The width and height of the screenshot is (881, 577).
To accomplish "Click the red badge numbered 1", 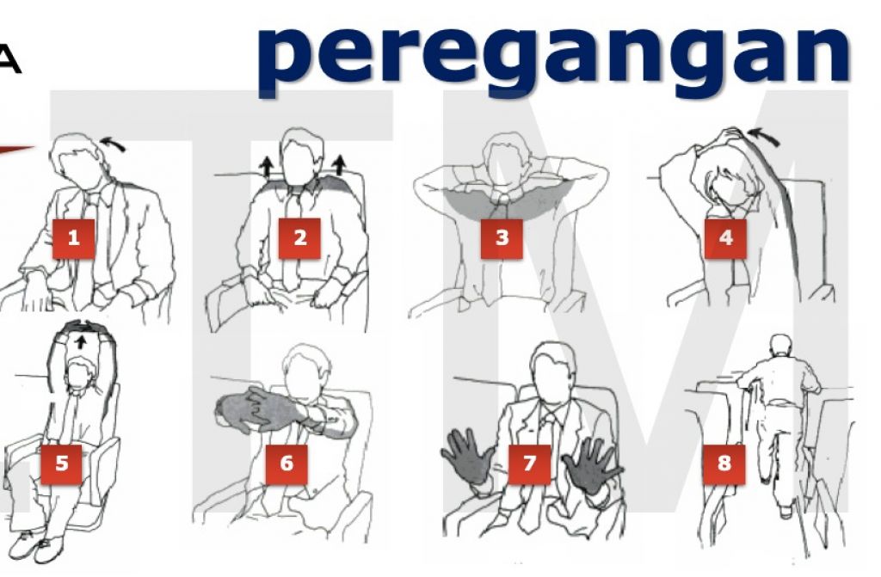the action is pos(74,238).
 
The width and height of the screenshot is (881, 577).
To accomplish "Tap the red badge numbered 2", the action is pos(299,238).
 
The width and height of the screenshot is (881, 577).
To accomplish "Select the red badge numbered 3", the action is pos(502,238).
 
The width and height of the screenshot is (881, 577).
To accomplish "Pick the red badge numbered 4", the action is pos(725,238).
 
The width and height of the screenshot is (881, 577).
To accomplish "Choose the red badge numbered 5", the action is pos(62,463).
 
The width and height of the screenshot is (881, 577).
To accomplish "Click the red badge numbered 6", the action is pos(286,463).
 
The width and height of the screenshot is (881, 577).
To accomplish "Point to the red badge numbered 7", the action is pos(529,463).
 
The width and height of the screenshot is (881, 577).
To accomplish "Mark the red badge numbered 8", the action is pos(724,463).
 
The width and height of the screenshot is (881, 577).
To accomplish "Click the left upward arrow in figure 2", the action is pos(266,167).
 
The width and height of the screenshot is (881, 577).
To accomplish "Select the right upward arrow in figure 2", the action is pos(338,166).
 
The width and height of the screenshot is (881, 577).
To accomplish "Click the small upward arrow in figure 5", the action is pos(82,341).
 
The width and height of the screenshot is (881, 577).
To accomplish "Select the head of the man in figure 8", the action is pos(780,345).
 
